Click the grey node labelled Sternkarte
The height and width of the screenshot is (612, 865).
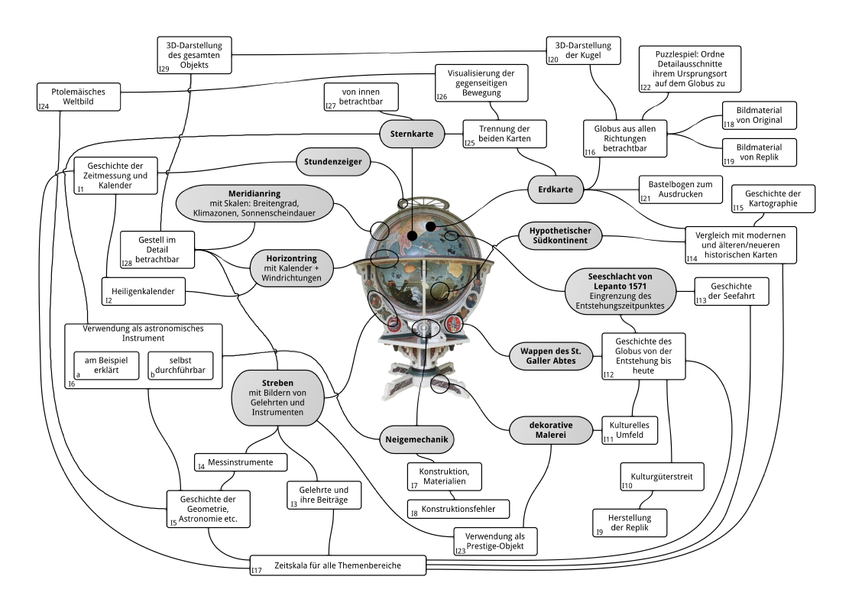pos(412,134)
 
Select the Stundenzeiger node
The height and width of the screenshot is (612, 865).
pos(335,162)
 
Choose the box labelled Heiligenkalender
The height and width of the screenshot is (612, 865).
pos(144,291)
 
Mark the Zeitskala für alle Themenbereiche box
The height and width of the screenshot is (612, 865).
pos(337,565)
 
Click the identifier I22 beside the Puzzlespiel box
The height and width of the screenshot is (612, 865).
pos(646,87)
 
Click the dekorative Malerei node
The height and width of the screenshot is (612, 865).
pos(552,430)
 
